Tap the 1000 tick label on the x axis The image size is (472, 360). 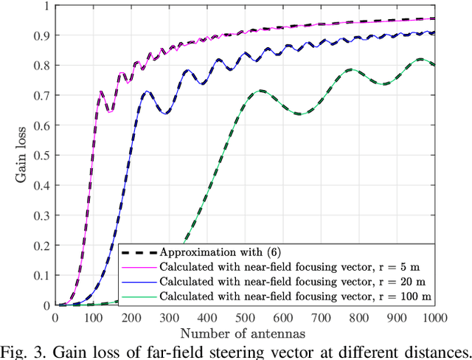pos(433,317)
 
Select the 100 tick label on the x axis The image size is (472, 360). pos(93,317)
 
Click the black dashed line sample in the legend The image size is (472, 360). pos(138,250)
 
